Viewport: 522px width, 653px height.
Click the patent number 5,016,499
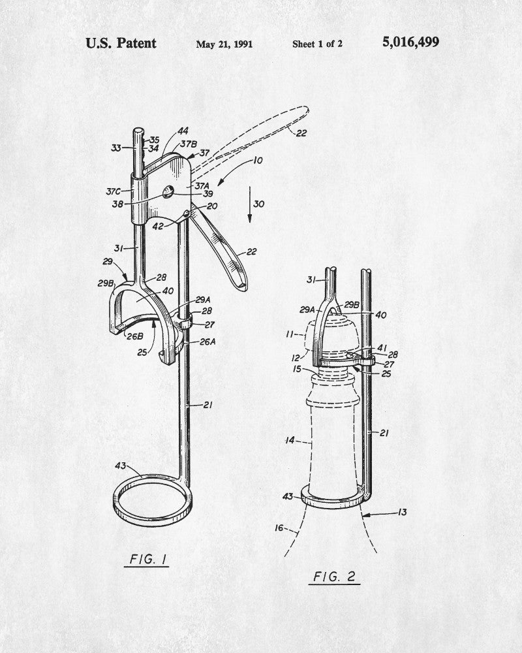pos(410,42)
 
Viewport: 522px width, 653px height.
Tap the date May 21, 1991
pos(224,44)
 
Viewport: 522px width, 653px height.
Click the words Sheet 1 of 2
pos(317,44)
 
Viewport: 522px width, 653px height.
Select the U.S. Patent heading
pos(121,43)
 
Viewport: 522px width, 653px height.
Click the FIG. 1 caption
pos(147,559)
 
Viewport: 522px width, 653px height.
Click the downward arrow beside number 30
pos(250,204)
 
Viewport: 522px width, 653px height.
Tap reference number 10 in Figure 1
pos(258,161)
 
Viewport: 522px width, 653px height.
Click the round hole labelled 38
pos(168,192)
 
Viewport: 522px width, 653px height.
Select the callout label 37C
pos(113,191)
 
